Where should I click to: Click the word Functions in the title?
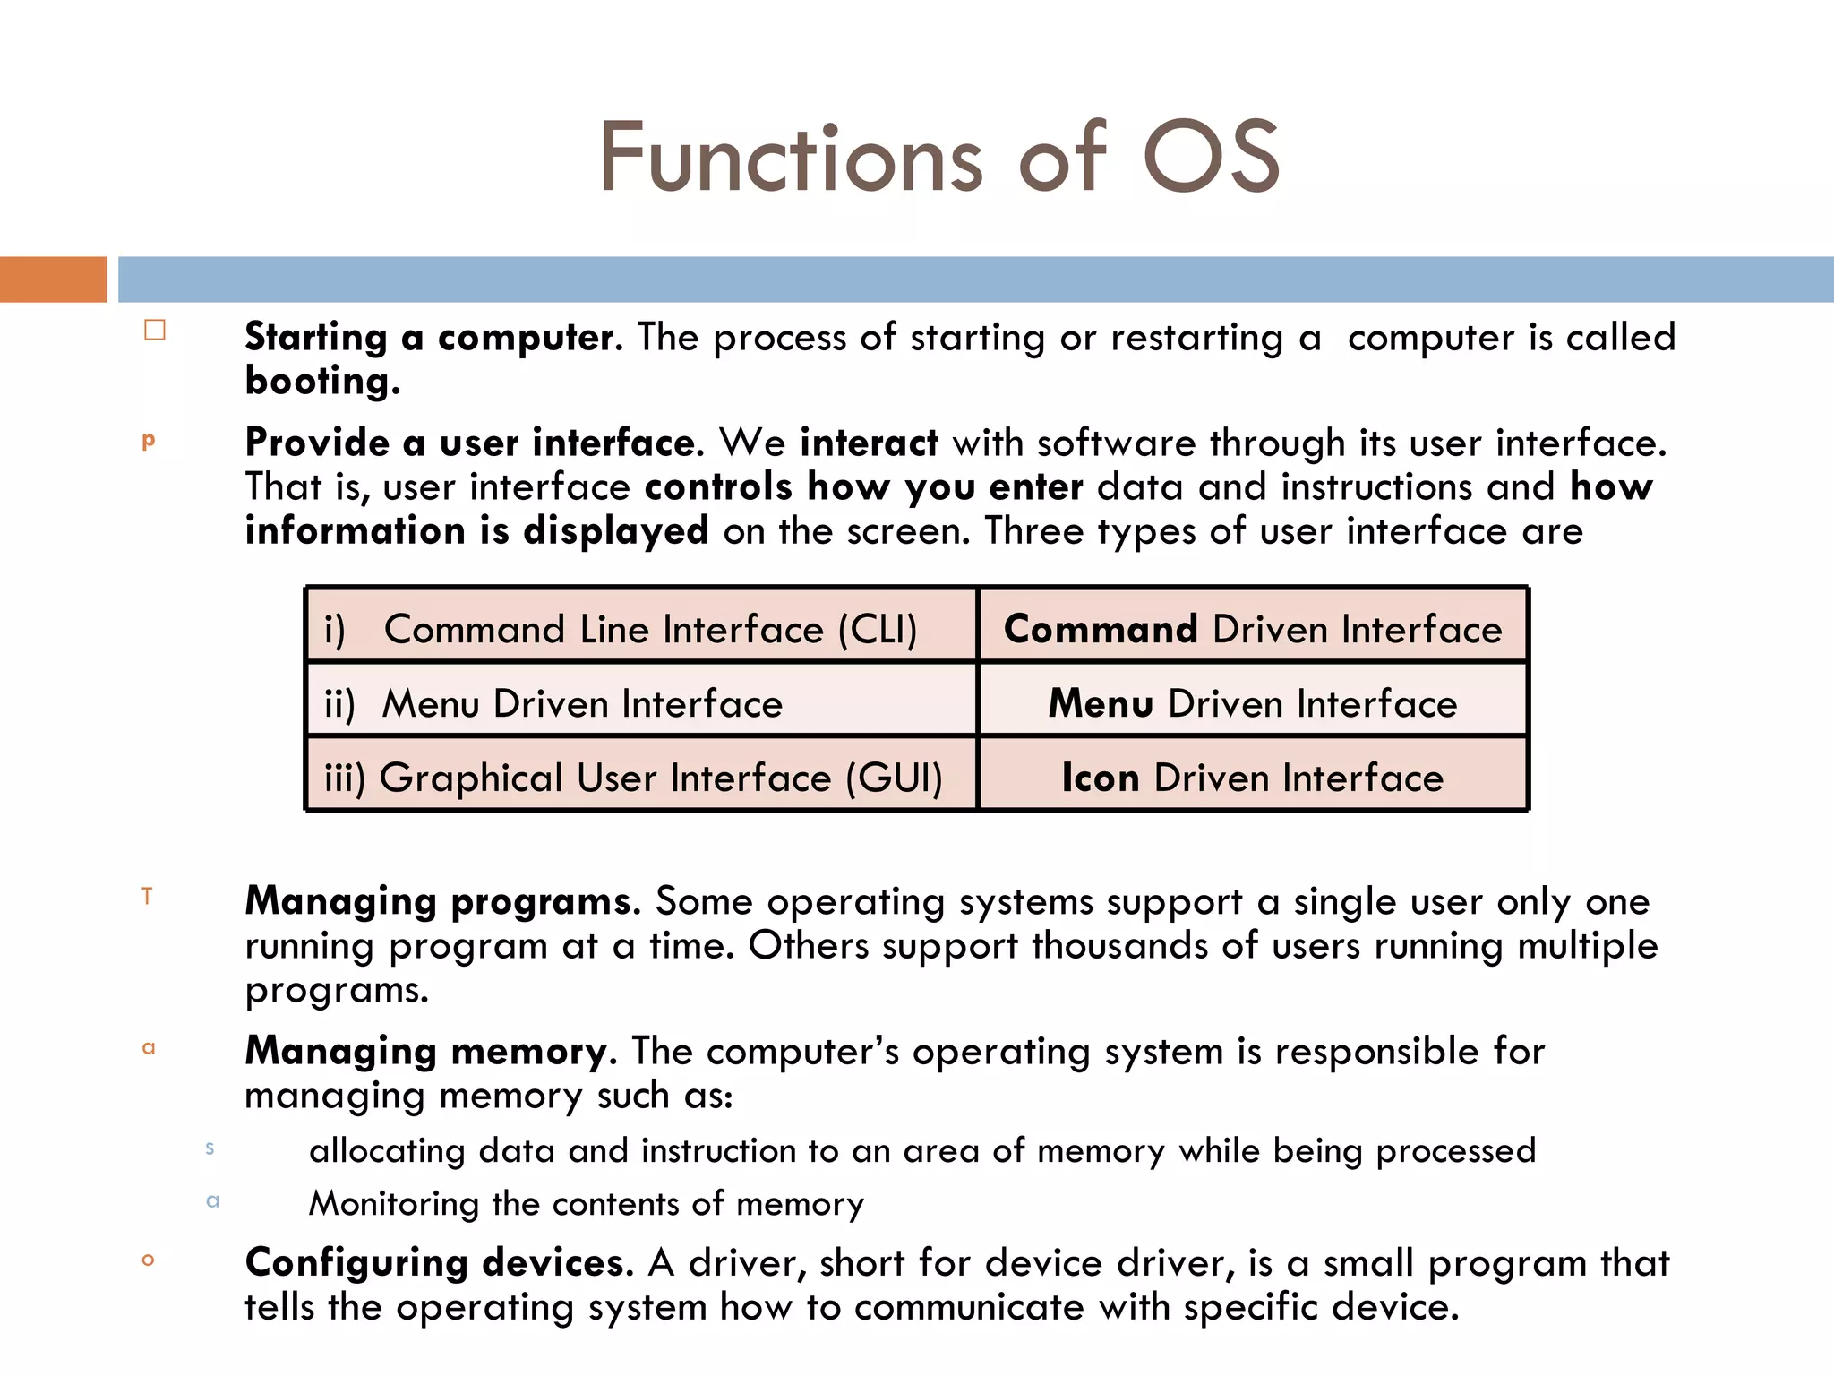(x=792, y=159)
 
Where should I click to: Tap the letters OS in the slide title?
(x=1212, y=159)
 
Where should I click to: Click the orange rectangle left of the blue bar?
(x=53, y=279)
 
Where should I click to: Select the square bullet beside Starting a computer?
(x=155, y=331)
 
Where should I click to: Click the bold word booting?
(x=322, y=383)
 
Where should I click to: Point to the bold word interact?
(x=869, y=443)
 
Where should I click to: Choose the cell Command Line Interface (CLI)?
(x=641, y=629)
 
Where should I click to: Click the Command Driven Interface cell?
(x=1253, y=629)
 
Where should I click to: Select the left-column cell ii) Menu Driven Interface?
(x=641, y=703)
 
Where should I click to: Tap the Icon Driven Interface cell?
(x=1253, y=778)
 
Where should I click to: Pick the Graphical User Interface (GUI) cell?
(x=641, y=778)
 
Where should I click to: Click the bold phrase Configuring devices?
(x=439, y=1263)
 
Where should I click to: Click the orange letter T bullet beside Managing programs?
(x=148, y=896)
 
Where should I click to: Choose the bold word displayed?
(x=616, y=531)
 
